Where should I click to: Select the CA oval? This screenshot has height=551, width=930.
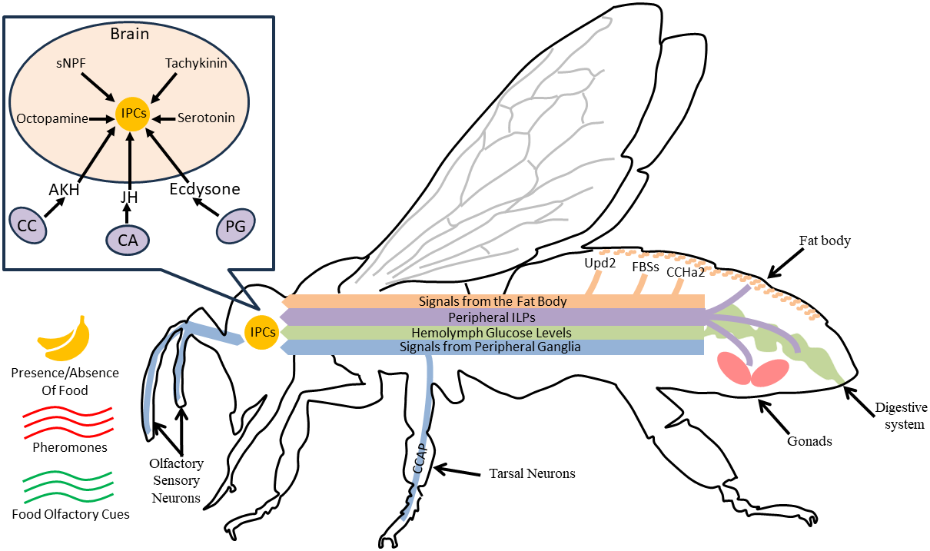click(128, 240)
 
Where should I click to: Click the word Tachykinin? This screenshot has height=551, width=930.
click(196, 63)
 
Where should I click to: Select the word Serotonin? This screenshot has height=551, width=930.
click(206, 118)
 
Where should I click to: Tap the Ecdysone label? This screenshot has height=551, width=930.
click(204, 188)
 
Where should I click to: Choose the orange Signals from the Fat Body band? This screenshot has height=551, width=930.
click(492, 301)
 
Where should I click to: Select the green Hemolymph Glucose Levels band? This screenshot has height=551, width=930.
click(492, 332)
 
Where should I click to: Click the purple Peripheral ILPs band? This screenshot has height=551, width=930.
click(492, 317)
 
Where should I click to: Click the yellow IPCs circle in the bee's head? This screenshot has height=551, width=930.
click(260, 332)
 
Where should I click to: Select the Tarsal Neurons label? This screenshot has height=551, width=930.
click(532, 473)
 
